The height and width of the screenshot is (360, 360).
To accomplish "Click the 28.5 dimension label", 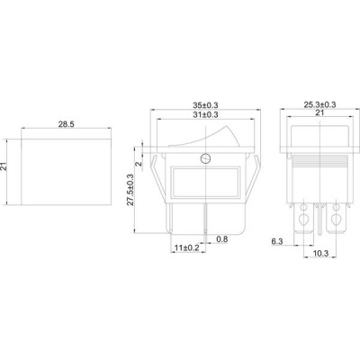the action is tap(66, 124).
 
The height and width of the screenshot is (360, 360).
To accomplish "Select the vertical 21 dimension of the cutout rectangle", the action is tap(4, 166).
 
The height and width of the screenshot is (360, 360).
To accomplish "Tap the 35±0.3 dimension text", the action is tap(205, 105).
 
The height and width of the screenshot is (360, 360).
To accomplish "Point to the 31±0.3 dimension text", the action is tap(205, 114).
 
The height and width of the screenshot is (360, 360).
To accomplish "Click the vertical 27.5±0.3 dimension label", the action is tap(130, 190).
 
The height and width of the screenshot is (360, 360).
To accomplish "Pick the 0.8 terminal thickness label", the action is tap(222, 239).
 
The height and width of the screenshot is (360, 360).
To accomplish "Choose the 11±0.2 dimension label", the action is tap(187, 247).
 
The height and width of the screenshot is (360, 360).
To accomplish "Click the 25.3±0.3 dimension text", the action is tap(319, 104).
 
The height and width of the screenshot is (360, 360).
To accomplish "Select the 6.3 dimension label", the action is tap(277, 241).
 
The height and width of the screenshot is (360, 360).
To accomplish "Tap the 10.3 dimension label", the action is tap(320, 254).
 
